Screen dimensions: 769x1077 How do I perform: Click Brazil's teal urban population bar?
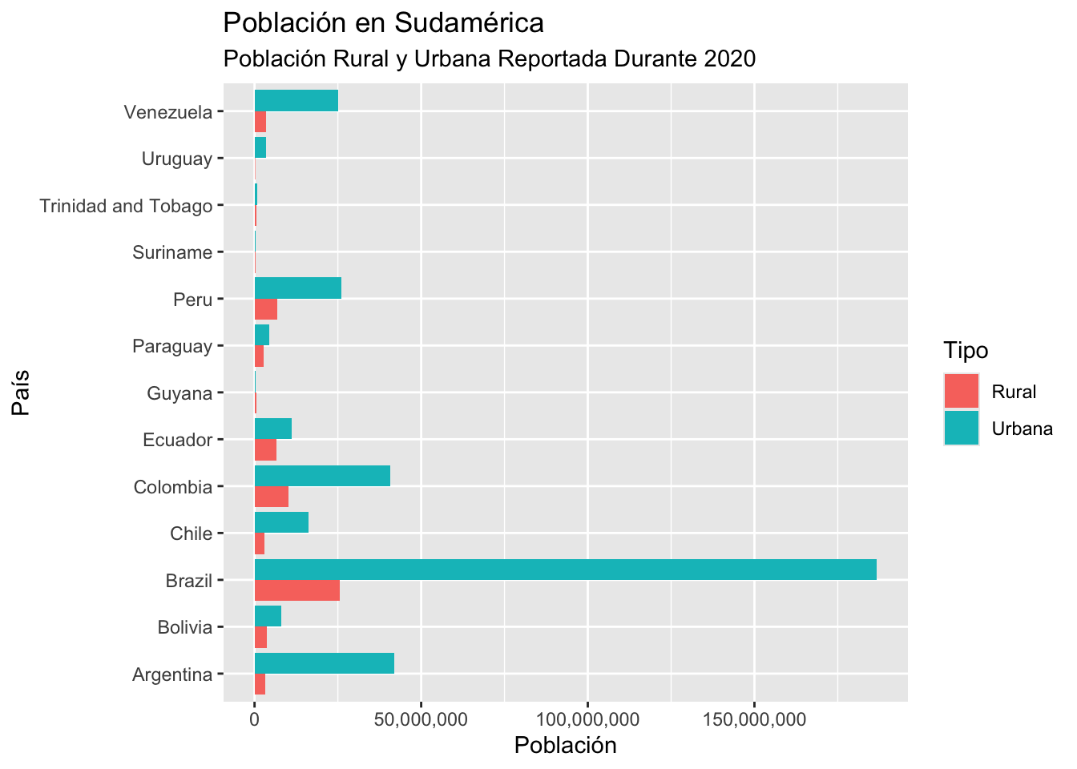tap(565, 570)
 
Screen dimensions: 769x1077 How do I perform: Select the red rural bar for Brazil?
tap(296, 590)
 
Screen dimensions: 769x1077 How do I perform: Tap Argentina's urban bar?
tap(324, 663)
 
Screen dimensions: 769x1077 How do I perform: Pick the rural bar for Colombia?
tap(271, 497)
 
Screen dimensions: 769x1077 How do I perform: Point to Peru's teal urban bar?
tap(297, 288)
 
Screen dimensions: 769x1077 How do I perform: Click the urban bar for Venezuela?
tap(296, 101)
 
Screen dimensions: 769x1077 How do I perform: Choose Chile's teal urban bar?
tap(281, 522)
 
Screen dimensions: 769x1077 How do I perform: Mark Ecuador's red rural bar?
tap(265, 450)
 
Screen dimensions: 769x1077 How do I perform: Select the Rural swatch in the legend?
tap(961, 392)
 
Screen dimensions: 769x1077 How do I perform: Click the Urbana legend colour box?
tap(961, 428)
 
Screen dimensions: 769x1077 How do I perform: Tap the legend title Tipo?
tap(965, 351)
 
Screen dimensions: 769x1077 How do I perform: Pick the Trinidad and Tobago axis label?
tap(126, 206)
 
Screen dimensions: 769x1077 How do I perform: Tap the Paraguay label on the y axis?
tap(172, 347)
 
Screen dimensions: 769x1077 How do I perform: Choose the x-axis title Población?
tap(565, 746)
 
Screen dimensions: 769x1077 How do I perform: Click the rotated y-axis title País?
tap(21, 393)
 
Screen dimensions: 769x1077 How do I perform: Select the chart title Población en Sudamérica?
tap(383, 23)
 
